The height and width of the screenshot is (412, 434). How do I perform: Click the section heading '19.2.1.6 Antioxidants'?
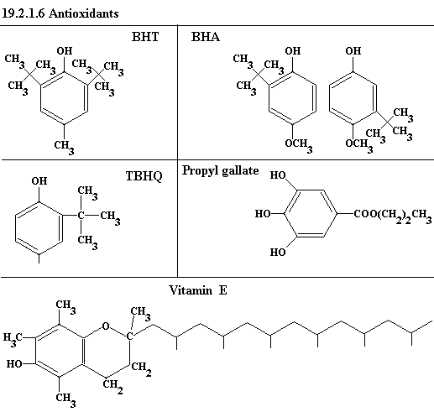pyautogui.click(x=60, y=13)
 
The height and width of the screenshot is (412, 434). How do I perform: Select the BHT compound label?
pyautogui.click(x=145, y=37)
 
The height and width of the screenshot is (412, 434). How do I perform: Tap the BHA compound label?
pyautogui.click(x=206, y=37)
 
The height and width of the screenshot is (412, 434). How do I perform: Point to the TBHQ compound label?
pyautogui.click(x=144, y=176)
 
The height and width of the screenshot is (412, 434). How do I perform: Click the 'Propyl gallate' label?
pyautogui.click(x=221, y=170)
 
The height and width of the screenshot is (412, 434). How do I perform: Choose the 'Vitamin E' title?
pyautogui.click(x=198, y=290)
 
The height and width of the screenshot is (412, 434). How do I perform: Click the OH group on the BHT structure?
pyautogui.click(x=65, y=51)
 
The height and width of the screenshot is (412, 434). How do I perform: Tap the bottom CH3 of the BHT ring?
pyautogui.click(x=65, y=147)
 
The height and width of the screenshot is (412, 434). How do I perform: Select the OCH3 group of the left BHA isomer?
pyautogui.click(x=299, y=145)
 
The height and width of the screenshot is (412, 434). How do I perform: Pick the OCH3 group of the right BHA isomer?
pyautogui.click(x=359, y=145)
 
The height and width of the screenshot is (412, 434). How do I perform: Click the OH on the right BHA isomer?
pyautogui.click(x=353, y=51)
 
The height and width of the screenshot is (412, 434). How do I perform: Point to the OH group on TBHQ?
pyautogui.click(x=39, y=181)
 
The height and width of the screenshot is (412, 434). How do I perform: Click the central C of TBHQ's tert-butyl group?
pyautogui.click(x=81, y=216)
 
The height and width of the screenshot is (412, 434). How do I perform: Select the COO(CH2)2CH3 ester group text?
pyautogui.click(x=393, y=216)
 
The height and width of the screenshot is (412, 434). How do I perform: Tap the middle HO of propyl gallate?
pyautogui.click(x=263, y=214)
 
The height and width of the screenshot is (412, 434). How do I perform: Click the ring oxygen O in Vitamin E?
pyautogui.click(x=106, y=326)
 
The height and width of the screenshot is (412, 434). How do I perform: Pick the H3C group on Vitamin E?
pyautogui.click(x=13, y=338)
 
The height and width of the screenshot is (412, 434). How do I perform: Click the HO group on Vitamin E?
pyautogui.click(x=14, y=364)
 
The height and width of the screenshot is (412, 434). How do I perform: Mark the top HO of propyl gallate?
pyautogui.click(x=278, y=175)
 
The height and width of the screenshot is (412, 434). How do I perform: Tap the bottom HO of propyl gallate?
pyautogui.click(x=278, y=253)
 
